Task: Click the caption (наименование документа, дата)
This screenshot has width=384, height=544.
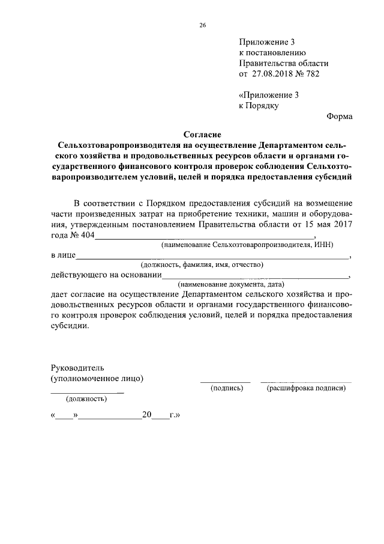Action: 231,284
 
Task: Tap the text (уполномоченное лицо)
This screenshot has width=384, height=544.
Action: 97,379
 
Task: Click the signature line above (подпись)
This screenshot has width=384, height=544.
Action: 225,381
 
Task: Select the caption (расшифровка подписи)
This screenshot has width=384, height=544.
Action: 306,389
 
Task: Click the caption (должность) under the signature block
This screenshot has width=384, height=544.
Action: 87,399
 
